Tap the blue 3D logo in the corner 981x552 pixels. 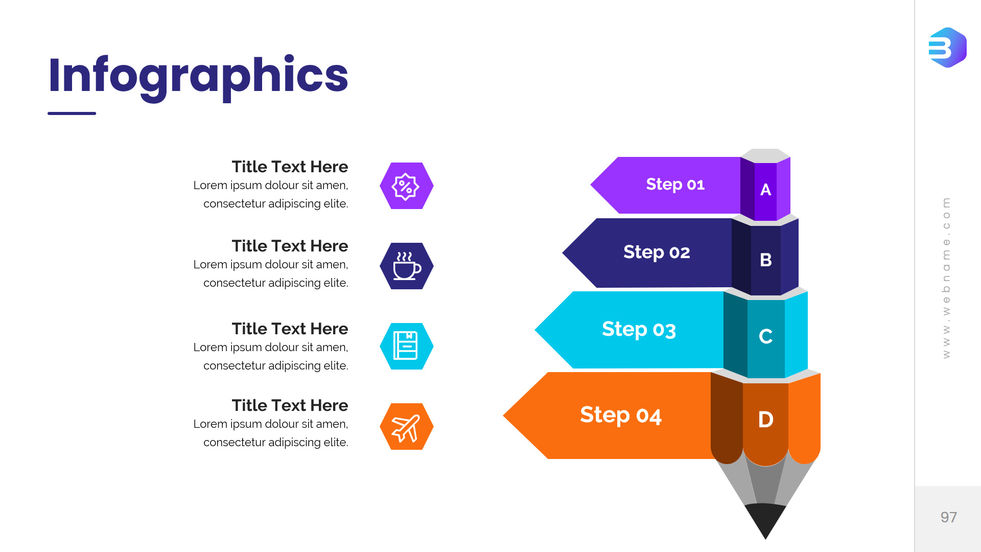tap(948, 48)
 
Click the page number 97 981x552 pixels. tap(949, 517)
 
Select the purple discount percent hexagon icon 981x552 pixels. tap(407, 186)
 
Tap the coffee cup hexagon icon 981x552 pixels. tap(407, 266)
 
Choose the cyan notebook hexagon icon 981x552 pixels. tap(407, 346)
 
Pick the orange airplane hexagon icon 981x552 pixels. tap(407, 426)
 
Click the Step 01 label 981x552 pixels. tap(675, 184)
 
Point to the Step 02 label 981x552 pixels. tap(657, 252)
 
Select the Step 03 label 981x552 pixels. tap(639, 330)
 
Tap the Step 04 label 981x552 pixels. tap(621, 415)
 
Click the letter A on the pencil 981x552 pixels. tap(765, 190)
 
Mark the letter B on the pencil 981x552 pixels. tap(765, 260)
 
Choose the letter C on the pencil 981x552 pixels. tap(765, 336)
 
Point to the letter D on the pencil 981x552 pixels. tap(765, 420)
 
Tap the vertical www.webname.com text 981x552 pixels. tap(946, 278)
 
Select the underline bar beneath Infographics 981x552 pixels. tap(72, 113)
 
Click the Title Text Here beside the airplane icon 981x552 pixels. tap(290, 405)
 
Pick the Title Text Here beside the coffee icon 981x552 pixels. tap(290, 246)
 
